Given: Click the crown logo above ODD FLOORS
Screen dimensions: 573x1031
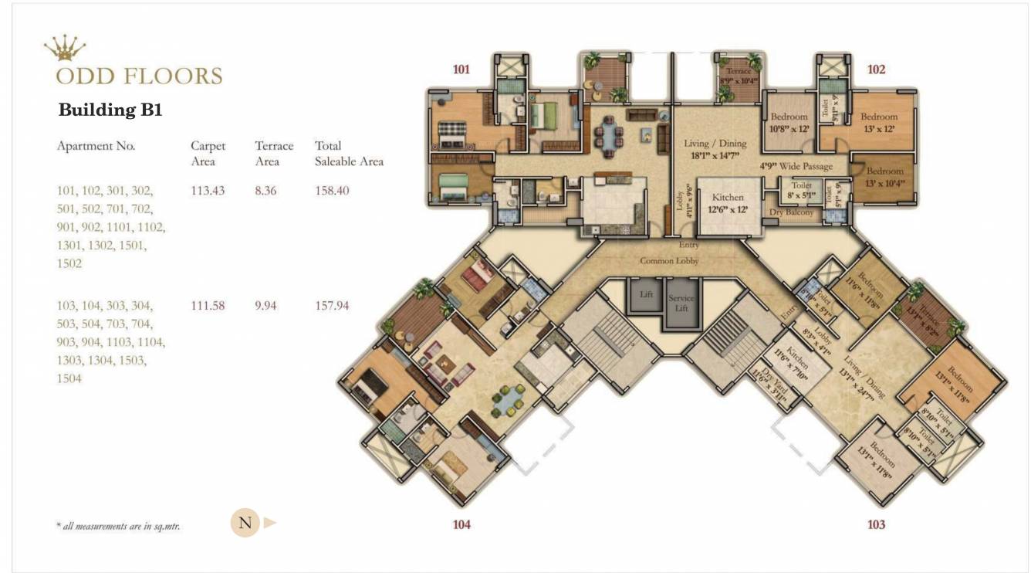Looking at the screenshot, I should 65,49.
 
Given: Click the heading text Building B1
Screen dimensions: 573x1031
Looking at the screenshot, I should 110,110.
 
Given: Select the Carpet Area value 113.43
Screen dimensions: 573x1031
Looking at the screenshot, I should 208,190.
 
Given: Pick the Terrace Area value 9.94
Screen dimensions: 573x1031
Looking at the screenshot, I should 270,306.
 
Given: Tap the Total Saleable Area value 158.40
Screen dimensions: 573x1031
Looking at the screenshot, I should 333,190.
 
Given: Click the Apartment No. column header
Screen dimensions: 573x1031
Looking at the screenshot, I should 96,146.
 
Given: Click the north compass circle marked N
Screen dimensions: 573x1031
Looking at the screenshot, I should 245,523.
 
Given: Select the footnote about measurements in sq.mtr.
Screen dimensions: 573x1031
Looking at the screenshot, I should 118,526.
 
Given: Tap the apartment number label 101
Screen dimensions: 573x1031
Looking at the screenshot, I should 461,70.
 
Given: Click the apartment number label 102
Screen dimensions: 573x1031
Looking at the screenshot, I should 876,70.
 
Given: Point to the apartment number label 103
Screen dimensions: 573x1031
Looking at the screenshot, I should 876,525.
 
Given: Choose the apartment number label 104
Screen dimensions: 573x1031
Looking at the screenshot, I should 461,525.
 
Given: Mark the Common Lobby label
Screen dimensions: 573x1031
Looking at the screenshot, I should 669,261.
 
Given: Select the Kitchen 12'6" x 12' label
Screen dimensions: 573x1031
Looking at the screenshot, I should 727,203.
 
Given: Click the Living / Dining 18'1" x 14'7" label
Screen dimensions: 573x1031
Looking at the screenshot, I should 715,149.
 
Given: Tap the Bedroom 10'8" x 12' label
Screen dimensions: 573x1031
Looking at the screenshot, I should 789,123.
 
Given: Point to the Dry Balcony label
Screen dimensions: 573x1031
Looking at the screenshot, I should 791,212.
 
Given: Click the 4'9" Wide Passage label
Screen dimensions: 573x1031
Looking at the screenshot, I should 796,166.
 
